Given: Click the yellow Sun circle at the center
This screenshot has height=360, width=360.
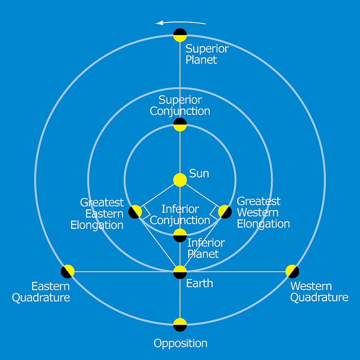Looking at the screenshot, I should (x=180, y=180).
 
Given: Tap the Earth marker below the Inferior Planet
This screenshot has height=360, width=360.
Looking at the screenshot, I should (x=180, y=272).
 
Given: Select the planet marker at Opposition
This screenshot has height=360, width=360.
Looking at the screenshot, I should (x=180, y=324).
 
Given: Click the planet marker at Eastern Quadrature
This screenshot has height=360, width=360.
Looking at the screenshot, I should (x=68, y=271).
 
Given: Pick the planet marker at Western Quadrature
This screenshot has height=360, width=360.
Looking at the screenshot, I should (x=292, y=271).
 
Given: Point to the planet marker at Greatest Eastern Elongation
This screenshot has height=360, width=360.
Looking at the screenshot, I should (x=135, y=211).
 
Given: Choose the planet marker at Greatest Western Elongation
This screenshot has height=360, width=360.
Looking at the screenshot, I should (x=225, y=211).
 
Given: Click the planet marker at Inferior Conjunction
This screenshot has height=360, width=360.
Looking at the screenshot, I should (x=180, y=235).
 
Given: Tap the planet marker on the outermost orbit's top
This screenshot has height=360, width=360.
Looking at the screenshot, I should (x=180, y=35).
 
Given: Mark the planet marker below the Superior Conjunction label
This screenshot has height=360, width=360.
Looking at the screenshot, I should (x=180, y=124).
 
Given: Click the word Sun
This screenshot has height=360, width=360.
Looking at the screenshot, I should (x=199, y=173).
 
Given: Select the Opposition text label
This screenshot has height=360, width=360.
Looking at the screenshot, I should (x=180, y=343).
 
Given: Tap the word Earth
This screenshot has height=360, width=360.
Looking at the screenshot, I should (x=199, y=283).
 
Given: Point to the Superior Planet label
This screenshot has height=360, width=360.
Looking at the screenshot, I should (x=207, y=54).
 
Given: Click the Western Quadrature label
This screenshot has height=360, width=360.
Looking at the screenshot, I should (x=319, y=292).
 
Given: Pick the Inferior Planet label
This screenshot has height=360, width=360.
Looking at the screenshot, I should (x=206, y=248).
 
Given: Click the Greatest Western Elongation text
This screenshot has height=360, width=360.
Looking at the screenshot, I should (x=263, y=212).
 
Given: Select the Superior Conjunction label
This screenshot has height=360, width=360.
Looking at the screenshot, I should (x=180, y=105).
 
